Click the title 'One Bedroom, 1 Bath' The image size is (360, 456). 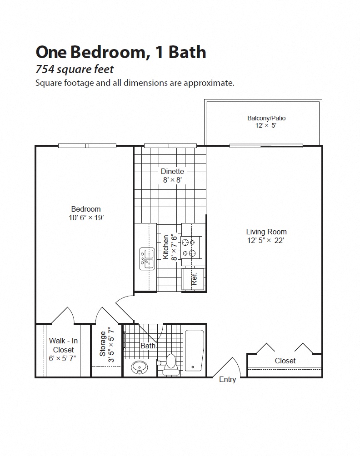[120, 52]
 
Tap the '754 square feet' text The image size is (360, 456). [74, 69]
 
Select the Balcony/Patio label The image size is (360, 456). [266, 118]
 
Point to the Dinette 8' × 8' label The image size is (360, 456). [172, 175]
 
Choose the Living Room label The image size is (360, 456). [266, 232]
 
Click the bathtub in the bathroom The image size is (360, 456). [194, 351]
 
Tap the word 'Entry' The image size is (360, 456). [227, 380]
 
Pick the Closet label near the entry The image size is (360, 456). [285, 361]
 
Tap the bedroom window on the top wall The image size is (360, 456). [88, 146]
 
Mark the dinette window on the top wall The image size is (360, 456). [170, 146]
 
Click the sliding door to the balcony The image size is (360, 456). [266, 146]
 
